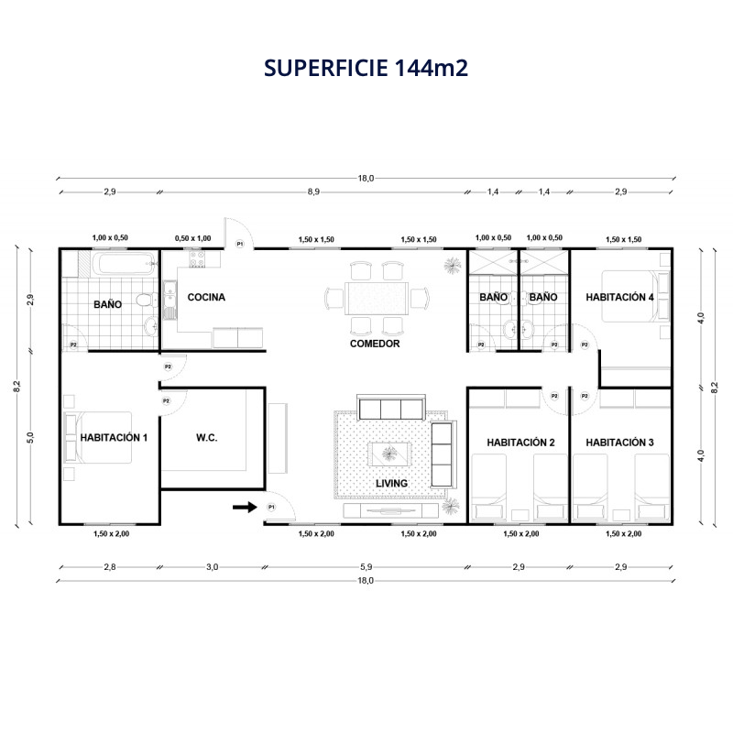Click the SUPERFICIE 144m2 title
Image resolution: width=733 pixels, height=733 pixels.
point(366,68)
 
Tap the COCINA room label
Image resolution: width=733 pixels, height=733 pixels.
point(206,297)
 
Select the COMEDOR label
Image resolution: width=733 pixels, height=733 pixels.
point(375,344)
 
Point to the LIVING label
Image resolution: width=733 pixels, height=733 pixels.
point(392,484)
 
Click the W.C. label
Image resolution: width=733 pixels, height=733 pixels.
point(207,438)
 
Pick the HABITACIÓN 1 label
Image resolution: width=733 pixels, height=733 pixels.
point(114,438)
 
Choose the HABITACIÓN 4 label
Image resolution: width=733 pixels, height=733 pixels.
point(619,297)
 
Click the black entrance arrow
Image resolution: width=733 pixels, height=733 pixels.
point(245,507)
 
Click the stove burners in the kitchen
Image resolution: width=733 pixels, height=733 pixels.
point(197,259)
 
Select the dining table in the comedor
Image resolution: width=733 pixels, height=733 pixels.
point(377,299)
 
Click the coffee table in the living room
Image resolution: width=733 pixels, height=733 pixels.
point(389,454)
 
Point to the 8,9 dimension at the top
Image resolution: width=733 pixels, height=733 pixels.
point(313,191)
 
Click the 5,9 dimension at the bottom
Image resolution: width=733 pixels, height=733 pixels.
point(366,567)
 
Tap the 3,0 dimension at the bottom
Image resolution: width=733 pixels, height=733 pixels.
point(213,567)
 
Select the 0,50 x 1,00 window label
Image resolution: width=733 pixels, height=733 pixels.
point(193,238)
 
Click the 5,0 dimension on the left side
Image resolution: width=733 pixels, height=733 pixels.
point(31,438)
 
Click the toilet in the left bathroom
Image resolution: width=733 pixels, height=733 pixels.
point(148,300)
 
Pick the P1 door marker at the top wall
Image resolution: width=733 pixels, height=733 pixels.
point(240,244)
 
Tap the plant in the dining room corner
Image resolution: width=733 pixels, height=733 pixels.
point(452,265)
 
